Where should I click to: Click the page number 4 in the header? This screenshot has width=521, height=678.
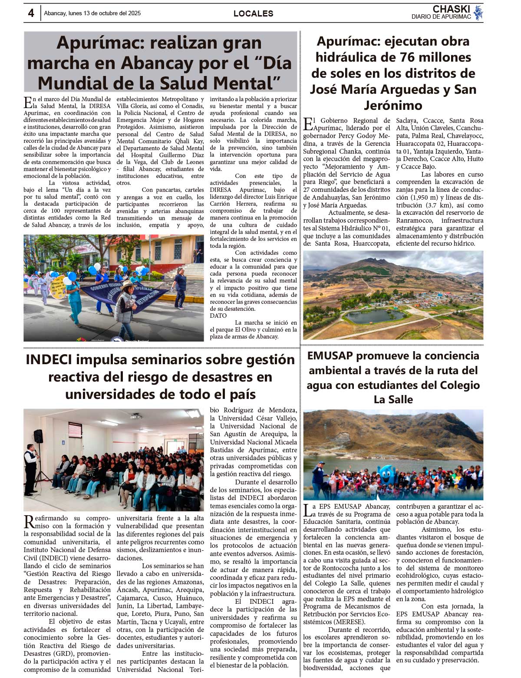coord(31,13)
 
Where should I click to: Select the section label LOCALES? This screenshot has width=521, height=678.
coord(253,13)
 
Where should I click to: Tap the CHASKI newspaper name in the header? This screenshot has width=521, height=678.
coord(451,9)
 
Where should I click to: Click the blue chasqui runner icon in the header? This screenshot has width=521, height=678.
coord(478,13)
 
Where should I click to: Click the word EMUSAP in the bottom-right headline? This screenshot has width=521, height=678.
coord(330,356)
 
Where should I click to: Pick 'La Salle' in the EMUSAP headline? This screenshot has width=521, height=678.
coord(393,399)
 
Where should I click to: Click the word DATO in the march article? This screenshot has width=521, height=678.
coord(218,316)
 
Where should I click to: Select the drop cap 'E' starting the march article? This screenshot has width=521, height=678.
coord(27,102)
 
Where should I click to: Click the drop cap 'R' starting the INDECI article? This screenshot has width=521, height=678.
coord(28,521)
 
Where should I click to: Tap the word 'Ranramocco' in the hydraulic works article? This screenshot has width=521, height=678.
coord(412,221)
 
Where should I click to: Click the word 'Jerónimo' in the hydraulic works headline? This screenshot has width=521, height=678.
coord(393,105)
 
